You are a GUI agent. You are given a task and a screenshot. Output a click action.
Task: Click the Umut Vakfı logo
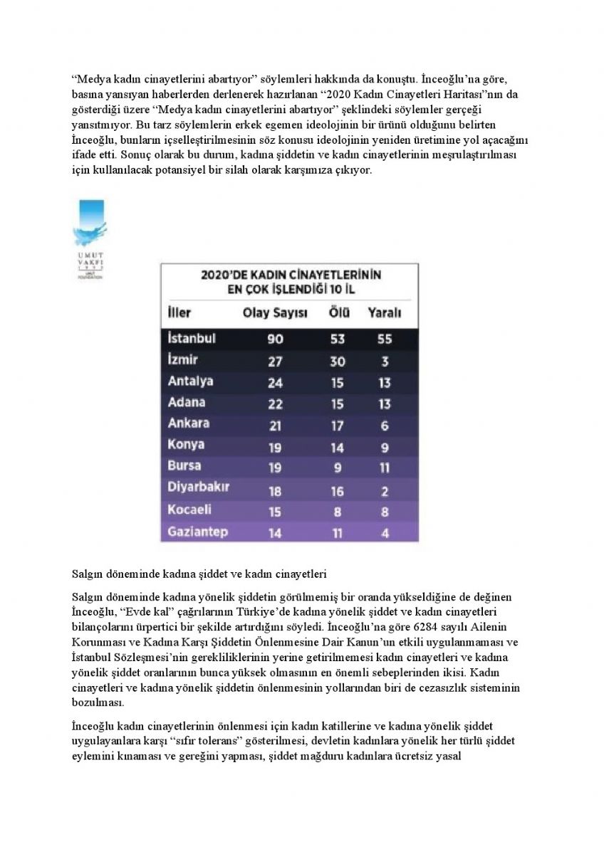[x=90, y=238]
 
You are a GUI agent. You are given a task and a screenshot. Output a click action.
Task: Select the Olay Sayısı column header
[x=275, y=312]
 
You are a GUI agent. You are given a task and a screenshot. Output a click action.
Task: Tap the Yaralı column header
[x=385, y=312]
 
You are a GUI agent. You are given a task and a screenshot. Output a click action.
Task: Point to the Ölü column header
[x=337, y=312]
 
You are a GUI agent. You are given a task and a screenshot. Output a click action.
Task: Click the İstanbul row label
[x=192, y=338]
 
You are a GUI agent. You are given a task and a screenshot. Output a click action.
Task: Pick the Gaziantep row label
[x=199, y=532]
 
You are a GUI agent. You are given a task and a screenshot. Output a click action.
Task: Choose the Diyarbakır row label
[x=198, y=489]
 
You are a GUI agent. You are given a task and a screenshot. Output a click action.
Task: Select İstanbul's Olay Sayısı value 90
[x=275, y=339]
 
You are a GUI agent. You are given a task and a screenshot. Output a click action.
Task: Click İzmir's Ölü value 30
[x=337, y=361]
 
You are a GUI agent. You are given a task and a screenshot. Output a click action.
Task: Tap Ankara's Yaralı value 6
[x=385, y=426]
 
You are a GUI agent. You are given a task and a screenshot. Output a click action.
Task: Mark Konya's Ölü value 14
[x=337, y=447]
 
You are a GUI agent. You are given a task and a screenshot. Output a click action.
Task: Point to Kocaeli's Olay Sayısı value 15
[x=275, y=512]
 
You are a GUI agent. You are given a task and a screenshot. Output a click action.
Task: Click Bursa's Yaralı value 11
[x=385, y=468]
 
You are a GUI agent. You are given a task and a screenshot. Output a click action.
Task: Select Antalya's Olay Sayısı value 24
[x=275, y=383]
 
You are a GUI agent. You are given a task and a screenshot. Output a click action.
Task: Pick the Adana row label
[x=187, y=403]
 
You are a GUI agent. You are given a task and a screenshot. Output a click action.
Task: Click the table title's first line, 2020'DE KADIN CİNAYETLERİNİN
[x=290, y=274]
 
